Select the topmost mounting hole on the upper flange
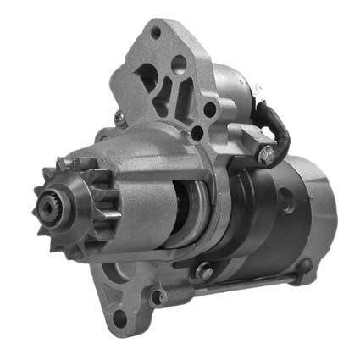coord(155,33)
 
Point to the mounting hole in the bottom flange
coord(119,318)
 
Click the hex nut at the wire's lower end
coord(266,155)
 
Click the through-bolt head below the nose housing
coord(203,272)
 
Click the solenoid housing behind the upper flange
coord(233,93)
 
